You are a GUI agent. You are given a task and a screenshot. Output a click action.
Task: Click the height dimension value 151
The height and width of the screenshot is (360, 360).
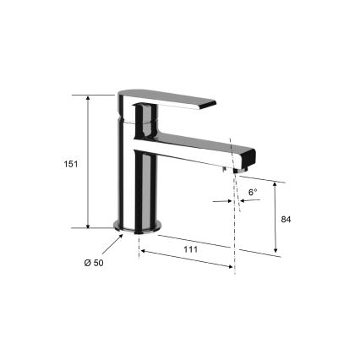point(71,163)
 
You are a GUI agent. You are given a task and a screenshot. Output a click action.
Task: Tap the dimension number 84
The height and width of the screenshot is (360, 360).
point(286,219)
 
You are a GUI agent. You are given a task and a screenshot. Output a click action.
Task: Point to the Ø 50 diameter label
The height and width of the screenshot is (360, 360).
point(94,264)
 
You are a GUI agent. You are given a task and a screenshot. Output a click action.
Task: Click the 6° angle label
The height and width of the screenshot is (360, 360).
point(252,194)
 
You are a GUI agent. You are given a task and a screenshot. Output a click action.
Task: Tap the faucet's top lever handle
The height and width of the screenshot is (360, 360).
point(169,99)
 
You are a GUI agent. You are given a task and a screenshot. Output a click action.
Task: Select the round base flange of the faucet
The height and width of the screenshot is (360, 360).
point(138,226)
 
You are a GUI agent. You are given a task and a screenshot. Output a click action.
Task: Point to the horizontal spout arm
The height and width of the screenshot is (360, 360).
point(194,148)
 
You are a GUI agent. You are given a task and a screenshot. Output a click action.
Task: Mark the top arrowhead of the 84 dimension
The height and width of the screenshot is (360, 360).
point(276,182)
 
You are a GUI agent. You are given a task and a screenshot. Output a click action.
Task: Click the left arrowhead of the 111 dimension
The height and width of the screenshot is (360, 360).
point(142,250)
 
